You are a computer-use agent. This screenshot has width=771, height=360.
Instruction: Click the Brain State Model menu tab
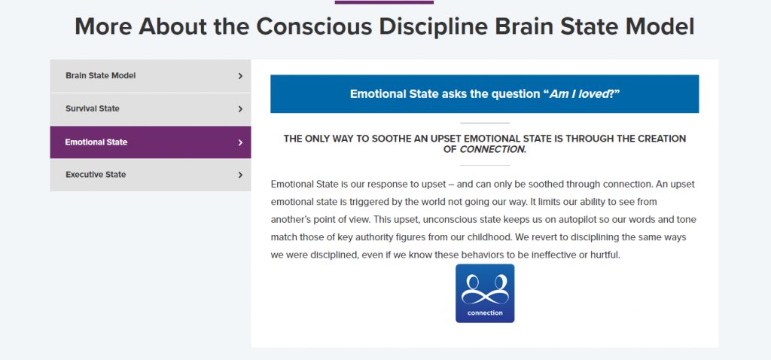(151, 76)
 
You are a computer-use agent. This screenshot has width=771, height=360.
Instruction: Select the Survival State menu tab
(151, 108)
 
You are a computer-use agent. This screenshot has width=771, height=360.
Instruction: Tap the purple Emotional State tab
(151, 142)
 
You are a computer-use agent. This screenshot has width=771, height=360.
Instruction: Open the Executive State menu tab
(151, 175)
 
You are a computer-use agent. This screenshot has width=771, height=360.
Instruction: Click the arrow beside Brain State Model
(240, 76)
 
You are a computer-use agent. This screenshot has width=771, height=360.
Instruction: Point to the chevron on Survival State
(240, 108)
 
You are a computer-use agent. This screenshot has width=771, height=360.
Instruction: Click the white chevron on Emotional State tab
(240, 142)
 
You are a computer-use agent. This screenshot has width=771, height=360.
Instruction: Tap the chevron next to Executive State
(240, 175)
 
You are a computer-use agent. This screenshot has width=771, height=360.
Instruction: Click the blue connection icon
(485, 293)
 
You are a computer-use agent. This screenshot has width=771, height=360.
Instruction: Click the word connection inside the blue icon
(485, 313)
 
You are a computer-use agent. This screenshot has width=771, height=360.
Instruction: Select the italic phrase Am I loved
(578, 94)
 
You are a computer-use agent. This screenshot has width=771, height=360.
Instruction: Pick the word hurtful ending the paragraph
(607, 255)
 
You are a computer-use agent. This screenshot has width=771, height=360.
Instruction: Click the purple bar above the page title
(385, 2)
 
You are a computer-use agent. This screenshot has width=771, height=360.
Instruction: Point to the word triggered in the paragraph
(382, 202)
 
